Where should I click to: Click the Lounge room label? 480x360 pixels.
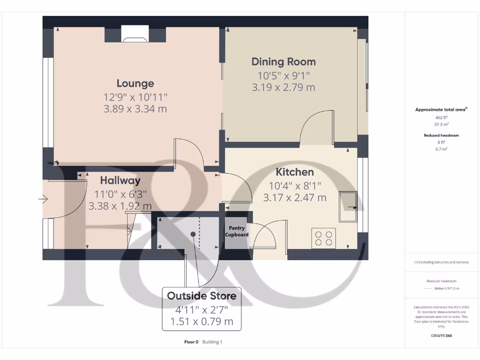135,83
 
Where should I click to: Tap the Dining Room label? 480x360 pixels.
284,61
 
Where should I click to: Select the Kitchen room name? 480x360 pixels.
294,172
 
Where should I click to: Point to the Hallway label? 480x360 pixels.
120,180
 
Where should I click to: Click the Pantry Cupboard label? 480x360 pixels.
237,231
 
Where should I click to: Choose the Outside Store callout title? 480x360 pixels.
202,296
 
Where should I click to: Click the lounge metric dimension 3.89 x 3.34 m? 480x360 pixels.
135,109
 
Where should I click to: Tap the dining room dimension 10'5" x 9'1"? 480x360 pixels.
284,75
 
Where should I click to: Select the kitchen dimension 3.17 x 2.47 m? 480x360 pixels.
294,197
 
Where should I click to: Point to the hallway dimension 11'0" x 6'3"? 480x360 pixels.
120,194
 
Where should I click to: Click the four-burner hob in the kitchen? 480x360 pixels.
323,237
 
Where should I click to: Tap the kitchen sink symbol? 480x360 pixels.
348,207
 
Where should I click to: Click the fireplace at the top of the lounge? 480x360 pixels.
135,34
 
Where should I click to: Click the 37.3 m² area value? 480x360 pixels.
441,125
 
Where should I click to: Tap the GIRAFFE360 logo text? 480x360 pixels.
441,336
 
